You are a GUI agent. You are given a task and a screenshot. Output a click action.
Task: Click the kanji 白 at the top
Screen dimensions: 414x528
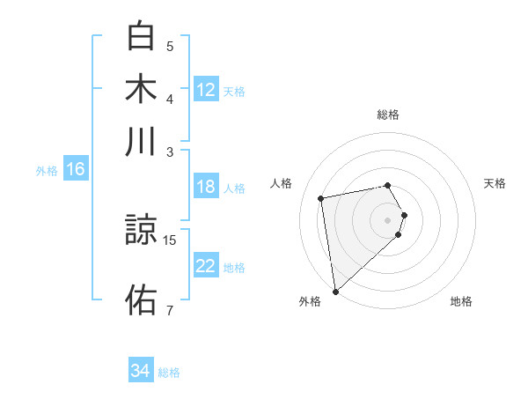click(142, 37)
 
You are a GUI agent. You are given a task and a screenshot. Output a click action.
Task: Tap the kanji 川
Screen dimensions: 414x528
click(142, 142)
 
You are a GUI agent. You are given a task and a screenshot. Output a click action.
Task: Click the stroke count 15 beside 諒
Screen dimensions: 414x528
click(171, 240)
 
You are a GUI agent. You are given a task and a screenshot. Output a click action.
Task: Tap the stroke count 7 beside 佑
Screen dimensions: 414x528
click(170, 310)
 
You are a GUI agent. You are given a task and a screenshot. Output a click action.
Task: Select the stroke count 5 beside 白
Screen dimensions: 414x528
click(170, 46)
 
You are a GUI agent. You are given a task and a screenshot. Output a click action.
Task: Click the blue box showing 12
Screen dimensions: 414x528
click(206, 89)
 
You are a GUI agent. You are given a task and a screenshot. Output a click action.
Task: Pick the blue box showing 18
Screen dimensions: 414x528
click(206, 187)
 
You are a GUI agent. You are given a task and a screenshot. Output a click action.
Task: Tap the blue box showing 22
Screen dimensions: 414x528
click(206, 265)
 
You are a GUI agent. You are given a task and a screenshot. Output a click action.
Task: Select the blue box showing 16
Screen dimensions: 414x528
click(76, 170)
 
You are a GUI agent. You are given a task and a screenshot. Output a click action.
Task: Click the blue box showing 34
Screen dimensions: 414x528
click(141, 371)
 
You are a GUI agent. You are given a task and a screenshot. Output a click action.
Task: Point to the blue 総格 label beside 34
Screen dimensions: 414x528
click(169, 373)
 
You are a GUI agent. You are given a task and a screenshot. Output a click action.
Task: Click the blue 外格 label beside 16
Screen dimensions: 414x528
click(47, 171)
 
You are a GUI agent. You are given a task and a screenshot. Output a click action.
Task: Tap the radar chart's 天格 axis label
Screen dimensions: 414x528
click(495, 183)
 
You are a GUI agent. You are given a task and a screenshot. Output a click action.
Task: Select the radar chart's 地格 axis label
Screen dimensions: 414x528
click(461, 301)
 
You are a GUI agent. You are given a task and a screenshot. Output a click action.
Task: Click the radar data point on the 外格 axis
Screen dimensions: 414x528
click(335, 291)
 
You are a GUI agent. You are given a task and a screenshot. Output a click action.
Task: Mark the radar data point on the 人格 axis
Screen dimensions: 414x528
click(321, 197)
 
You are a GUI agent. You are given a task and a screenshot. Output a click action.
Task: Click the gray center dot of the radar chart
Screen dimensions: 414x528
click(387, 219)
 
